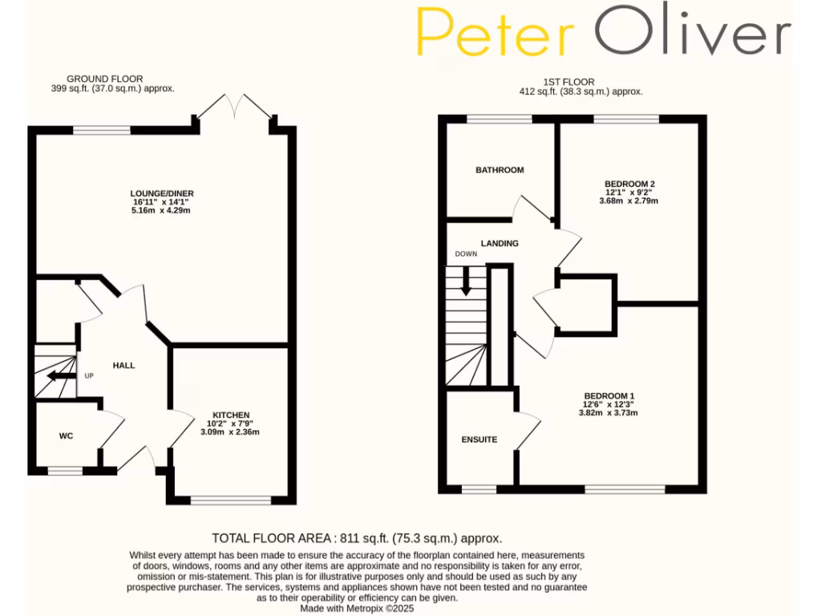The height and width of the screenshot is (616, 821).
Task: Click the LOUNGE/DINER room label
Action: tap(163, 193)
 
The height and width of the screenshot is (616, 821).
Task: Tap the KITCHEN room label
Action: tap(230, 415)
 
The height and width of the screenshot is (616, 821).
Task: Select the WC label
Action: tap(66, 436)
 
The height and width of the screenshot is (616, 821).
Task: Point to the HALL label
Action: tap(123, 365)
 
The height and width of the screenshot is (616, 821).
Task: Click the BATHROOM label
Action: tap(499, 170)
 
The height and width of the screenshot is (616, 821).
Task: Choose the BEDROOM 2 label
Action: tap(629, 184)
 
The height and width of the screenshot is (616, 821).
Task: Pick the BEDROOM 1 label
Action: tap(609, 396)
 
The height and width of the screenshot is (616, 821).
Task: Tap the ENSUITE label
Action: tap(479, 440)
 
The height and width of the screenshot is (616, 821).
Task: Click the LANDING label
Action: tap(499, 243)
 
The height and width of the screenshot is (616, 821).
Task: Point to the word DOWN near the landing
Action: tap(466, 254)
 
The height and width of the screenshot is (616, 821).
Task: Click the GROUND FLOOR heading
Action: tap(104, 79)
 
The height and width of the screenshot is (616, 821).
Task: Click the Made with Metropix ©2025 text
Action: tap(357, 609)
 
